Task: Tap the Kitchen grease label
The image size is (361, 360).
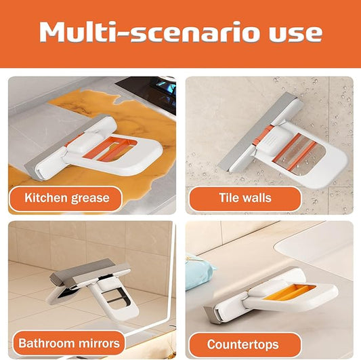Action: click(x=66, y=199)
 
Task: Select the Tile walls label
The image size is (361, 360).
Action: click(x=245, y=199)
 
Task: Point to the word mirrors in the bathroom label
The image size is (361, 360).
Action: click(x=98, y=342)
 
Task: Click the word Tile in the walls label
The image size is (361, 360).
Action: click(x=228, y=199)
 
